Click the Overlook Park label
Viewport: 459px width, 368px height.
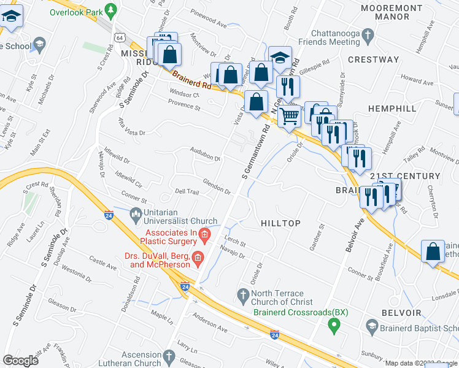[x=77, y=10]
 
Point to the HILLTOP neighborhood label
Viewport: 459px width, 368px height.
[x=280, y=223]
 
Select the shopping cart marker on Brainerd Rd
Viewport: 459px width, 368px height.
[x=289, y=114]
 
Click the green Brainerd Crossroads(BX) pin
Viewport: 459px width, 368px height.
[x=334, y=324]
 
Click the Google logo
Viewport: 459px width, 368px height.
[x=20, y=361]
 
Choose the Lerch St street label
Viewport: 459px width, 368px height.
[x=235, y=243]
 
